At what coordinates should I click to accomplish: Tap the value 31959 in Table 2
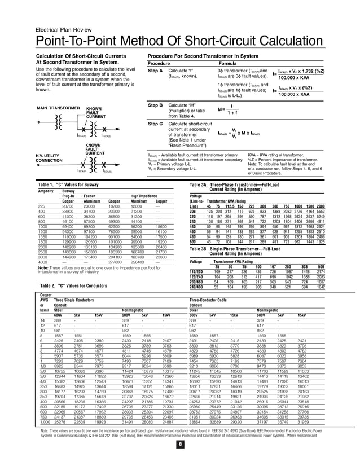click(303, 438)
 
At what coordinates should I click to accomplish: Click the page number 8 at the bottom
click(180, 460)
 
